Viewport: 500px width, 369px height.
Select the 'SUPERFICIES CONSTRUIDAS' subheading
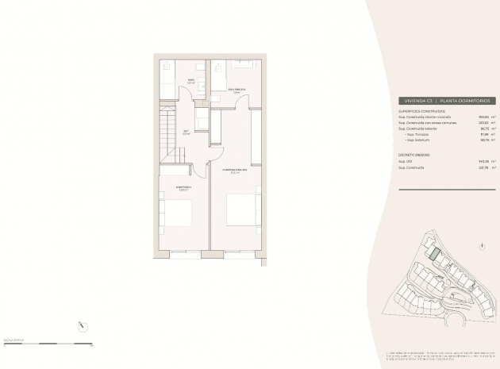tap(421, 111)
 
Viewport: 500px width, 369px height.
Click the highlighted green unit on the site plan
tap(434, 254)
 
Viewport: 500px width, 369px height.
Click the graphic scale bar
tap(48, 344)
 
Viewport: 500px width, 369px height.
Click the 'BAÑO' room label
tap(190, 80)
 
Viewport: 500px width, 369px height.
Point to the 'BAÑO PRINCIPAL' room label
tap(236, 90)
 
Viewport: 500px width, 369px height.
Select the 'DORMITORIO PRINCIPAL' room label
tap(234, 170)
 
